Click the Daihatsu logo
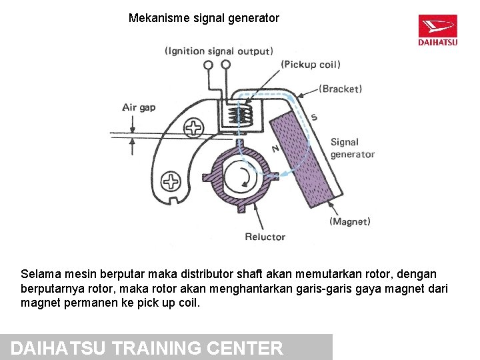coord(437,30)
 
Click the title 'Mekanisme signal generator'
coord(203,19)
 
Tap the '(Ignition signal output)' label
coord(219,51)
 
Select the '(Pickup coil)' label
coord(311,65)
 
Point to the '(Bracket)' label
coord(340,89)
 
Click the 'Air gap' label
coord(139,107)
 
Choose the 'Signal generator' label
coord(352,148)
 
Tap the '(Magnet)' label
coord(350,221)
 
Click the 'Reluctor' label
coord(265,237)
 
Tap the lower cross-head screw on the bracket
coord(171,180)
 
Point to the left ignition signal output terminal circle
coord(209,65)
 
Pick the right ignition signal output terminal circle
coord(225,65)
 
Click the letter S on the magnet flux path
coord(313,118)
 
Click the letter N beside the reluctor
coord(275,147)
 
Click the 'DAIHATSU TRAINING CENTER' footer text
coord(148,348)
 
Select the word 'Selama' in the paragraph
coord(39,274)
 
